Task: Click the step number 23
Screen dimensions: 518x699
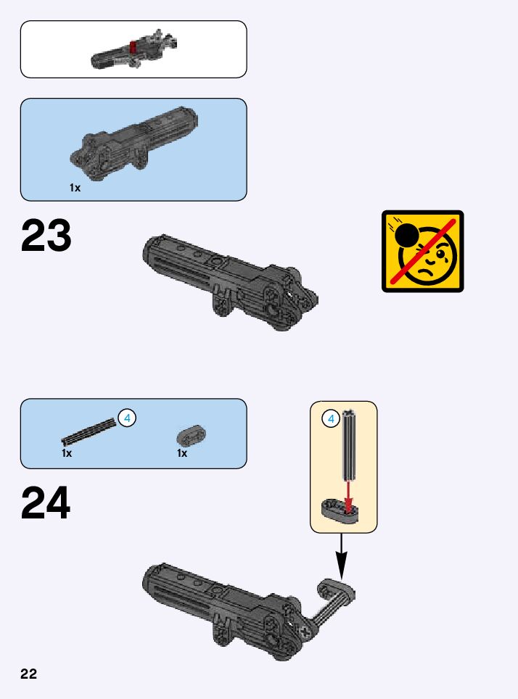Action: [46, 236]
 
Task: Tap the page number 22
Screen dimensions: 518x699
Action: [28, 674]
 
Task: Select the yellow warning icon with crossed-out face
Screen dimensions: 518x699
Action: [422, 251]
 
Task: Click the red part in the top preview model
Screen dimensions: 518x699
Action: [133, 48]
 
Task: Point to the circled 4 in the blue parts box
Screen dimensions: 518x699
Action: [127, 418]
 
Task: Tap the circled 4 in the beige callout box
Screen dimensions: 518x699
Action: [331, 418]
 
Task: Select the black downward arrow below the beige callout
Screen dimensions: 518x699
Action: [341, 558]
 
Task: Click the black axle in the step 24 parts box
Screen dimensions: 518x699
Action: [89, 431]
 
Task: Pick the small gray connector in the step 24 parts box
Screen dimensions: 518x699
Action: [192, 434]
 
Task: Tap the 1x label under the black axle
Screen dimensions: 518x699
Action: [67, 453]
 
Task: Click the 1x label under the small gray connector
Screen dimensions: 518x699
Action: [182, 453]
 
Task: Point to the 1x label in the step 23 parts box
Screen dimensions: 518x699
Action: [75, 188]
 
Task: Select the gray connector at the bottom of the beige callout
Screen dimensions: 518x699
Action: [338, 510]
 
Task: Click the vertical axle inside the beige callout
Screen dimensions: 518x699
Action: [350, 446]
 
